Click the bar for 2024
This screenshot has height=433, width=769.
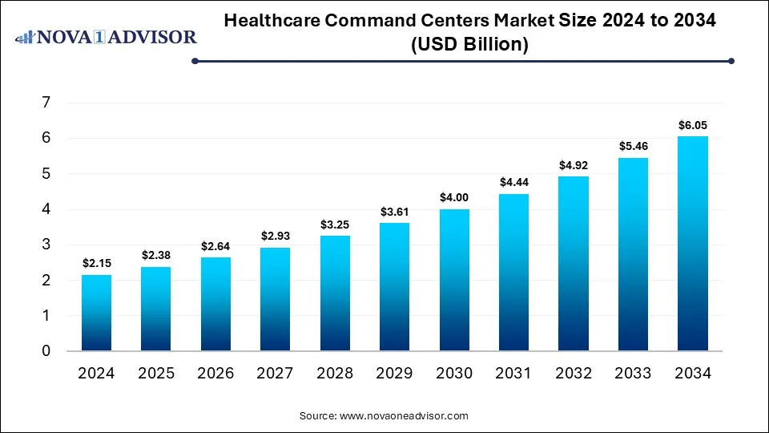(96, 313)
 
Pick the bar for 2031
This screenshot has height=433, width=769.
(513, 272)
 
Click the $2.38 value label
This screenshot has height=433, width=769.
(156, 255)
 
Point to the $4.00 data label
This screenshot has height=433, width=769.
(454, 197)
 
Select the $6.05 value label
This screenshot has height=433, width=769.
(692, 125)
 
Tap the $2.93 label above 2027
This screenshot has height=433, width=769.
(275, 236)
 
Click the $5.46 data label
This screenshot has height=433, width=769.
(633, 146)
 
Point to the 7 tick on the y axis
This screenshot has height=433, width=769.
(46, 103)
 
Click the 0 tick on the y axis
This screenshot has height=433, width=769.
(46, 351)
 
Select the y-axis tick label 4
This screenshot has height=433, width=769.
(46, 209)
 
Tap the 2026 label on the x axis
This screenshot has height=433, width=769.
(215, 373)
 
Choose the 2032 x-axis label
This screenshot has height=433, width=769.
(573, 373)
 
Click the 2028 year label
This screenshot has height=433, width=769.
(335, 373)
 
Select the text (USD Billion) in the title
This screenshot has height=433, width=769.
(470, 45)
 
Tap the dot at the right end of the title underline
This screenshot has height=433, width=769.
(731, 61)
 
